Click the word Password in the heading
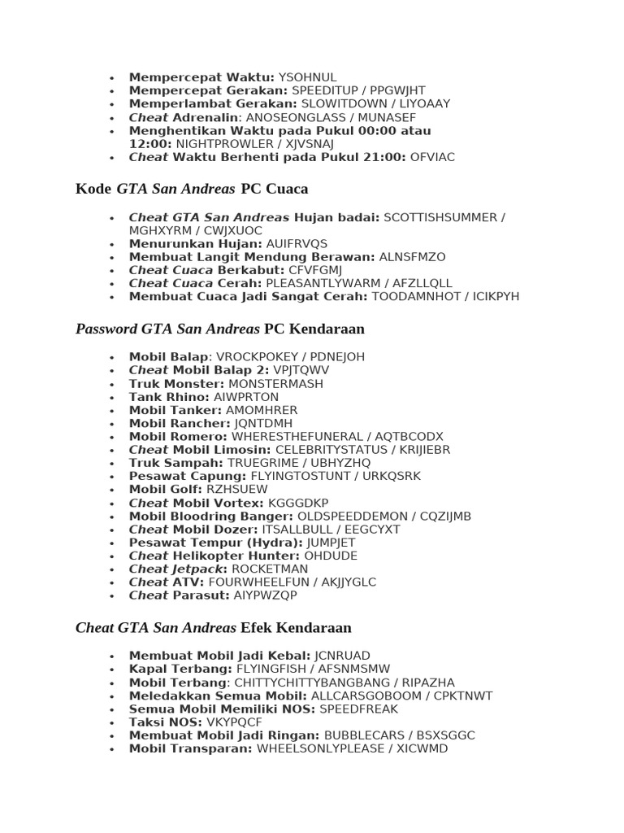[106, 329]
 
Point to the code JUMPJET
[331, 543]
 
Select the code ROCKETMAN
[270, 569]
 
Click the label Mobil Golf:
[166, 489]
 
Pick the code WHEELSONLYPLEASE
[320, 748]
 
